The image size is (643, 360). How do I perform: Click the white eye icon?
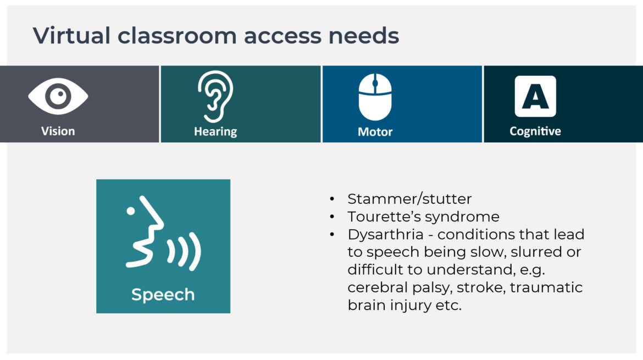pos(58,96)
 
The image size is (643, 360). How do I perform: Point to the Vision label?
pos(58,131)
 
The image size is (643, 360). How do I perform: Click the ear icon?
pos(215,97)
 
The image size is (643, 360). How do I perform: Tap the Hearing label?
pos(215,131)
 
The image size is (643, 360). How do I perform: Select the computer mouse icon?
pos(375,97)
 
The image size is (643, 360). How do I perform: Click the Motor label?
pos(375,131)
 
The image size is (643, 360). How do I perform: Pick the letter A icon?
pos(535,96)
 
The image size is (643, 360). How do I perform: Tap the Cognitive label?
pos(535,131)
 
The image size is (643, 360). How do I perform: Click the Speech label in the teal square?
pos(163,295)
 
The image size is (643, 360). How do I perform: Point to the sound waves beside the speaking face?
pos(185,251)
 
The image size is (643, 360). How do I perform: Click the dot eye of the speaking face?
pos(131,211)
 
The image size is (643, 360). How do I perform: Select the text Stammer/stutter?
pos(409,199)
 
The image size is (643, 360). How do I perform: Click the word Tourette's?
pos(384,217)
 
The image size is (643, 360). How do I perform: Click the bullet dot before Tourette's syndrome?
pos(332,217)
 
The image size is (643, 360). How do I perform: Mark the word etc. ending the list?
pos(448,306)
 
